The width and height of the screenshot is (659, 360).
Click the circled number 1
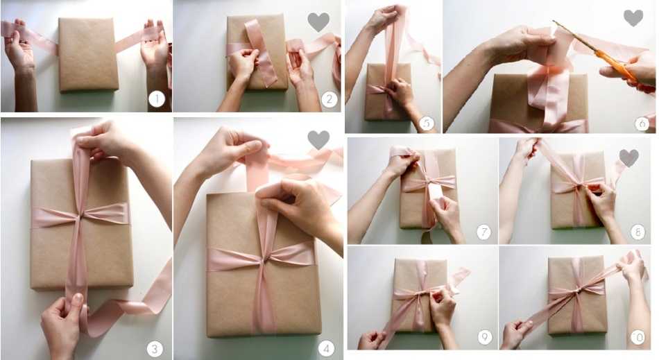[x=157, y=100]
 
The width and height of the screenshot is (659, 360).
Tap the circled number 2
[x=329, y=100]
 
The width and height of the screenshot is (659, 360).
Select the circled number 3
[x=155, y=348]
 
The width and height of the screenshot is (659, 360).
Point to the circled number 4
[x=326, y=348]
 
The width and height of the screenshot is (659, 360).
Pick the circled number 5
[x=427, y=123]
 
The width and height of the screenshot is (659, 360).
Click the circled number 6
[x=642, y=123]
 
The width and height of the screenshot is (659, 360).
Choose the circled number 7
[x=483, y=232]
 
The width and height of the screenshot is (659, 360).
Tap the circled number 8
[x=637, y=232]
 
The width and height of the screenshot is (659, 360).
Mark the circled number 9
[x=485, y=337]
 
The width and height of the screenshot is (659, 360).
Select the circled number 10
[x=637, y=337]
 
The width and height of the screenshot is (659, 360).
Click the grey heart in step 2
[x=318, y=22]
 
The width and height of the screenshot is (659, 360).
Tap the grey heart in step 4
[x=318, y=140]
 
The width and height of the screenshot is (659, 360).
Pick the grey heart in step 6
[x=633, y=18]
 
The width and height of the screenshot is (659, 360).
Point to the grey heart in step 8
[x=628, y=158]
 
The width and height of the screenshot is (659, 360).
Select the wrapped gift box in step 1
[x=88, y=55]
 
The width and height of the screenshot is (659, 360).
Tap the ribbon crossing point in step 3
[x=80, y=216]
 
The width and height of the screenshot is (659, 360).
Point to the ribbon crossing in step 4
[x=264, y=260]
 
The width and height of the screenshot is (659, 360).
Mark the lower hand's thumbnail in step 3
[x=77, y=299]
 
